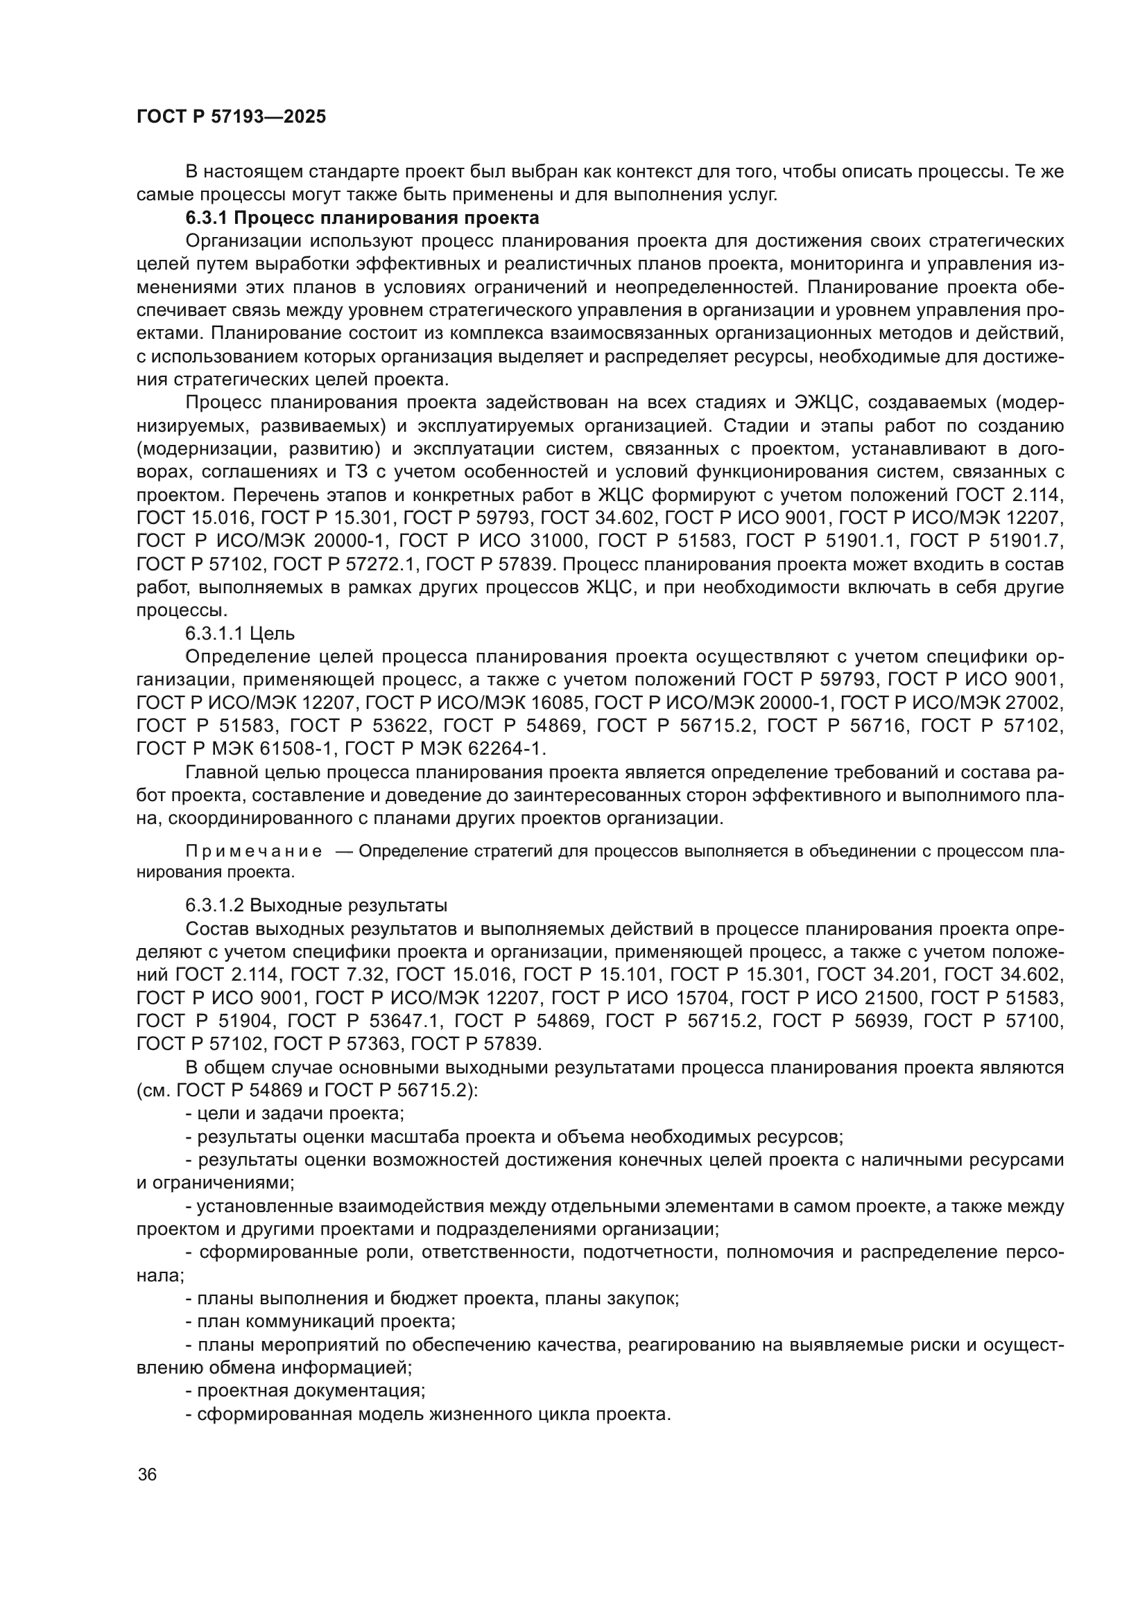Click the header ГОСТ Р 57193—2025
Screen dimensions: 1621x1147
(231, 117)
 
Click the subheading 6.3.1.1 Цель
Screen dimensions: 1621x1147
(240, 633)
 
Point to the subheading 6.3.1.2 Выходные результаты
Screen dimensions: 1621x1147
(316, 905)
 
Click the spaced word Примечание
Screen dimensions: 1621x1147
(254, 852)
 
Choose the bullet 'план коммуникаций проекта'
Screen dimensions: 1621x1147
(320, 1321)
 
